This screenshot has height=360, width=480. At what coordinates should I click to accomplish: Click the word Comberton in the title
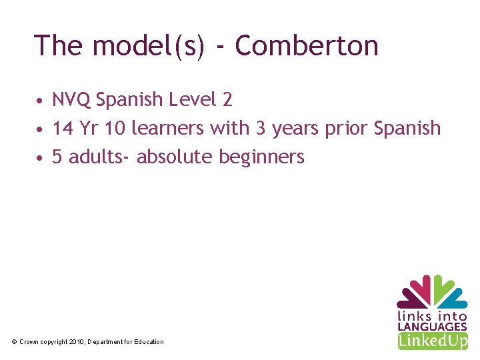click(x=307, y=46)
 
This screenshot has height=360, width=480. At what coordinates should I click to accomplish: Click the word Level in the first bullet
click(x=193, y=100)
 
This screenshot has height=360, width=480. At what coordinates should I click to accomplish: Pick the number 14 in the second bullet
click(x=63, y=128)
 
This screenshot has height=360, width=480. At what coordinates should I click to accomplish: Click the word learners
click(x=168, y=128)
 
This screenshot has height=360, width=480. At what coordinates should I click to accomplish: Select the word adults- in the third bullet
click(x=100, y=157)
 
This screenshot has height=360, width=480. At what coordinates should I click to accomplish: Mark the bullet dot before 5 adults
click(x=41, y=158)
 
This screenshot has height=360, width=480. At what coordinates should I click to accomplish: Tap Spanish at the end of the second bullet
click(x=408, y=128)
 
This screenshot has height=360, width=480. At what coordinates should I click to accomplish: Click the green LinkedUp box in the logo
click(x=432, y=341)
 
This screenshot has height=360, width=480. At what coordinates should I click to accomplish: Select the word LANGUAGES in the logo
click(x=432, y=327)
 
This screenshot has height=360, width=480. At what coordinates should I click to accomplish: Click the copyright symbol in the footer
click(x=14, y=342)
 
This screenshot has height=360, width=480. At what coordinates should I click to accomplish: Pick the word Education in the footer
click(x=149, y=342)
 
